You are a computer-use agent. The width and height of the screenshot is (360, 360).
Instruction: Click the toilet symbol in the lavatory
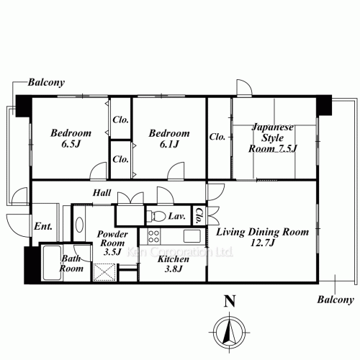[156, 216]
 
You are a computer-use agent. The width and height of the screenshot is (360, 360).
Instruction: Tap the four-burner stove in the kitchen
[153, 237]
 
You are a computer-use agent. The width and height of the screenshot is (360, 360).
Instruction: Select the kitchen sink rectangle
[192, 236]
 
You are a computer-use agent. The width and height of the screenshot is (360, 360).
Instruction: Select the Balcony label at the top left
[46, 83]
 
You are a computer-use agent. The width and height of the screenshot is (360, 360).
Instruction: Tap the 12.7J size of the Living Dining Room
[262, 245]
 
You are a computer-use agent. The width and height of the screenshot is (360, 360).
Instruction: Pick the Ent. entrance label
[42, 227]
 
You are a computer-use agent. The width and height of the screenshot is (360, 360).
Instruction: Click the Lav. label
[177, 216]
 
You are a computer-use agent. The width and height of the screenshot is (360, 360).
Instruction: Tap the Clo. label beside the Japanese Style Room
[218, 136]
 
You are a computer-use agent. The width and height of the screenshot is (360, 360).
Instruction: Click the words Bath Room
[71, 263]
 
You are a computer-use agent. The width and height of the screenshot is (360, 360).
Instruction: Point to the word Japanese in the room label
[273, 127]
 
